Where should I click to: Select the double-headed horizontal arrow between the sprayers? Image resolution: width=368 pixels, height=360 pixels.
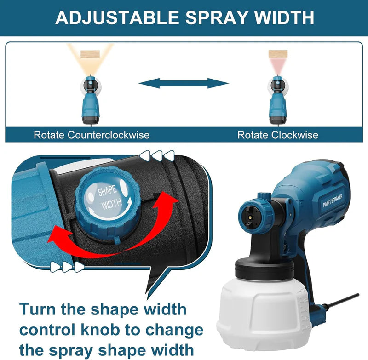184,83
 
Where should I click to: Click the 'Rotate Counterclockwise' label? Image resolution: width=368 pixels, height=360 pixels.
92,135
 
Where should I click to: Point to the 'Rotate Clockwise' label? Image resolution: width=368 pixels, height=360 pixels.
278,135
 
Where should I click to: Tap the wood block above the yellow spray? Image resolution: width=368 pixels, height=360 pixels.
90,54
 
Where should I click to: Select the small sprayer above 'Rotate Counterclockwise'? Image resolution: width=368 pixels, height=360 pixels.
90,99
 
